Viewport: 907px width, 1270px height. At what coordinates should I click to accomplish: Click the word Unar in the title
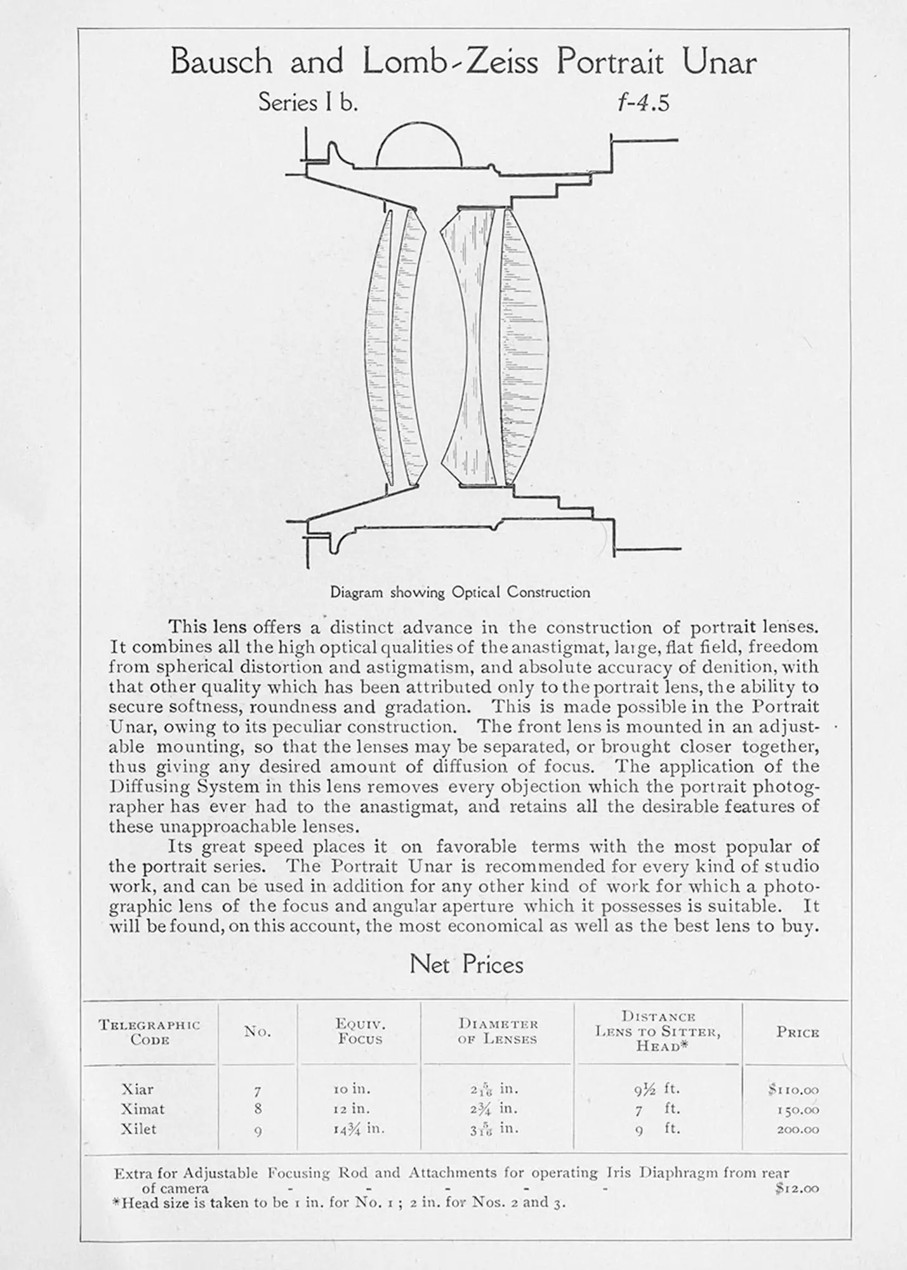point(719,63)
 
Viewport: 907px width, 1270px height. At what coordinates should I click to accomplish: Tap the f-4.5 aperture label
point(644,103)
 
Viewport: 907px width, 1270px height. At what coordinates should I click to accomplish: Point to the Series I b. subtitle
point(308,102)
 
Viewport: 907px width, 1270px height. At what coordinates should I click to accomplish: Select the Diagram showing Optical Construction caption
point(460,592)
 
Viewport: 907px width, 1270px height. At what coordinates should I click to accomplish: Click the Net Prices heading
point(467,965)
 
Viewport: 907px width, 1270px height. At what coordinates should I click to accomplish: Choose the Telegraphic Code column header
point(149,1032)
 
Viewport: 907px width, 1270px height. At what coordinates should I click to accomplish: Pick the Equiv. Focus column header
point(359,1031)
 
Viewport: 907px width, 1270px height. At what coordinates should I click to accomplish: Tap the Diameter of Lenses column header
point(498,1031)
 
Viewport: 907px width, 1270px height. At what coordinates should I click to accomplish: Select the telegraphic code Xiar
point(137,1090)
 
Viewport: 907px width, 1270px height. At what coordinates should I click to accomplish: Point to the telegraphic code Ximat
point(143,1109)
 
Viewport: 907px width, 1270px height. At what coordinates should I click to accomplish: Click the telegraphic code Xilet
point(138,1129)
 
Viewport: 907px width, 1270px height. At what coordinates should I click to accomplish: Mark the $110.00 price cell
point(793,1090)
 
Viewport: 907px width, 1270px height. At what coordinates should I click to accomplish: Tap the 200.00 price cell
point(798,1130)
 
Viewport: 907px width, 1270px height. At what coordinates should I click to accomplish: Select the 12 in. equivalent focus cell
point(352,1109)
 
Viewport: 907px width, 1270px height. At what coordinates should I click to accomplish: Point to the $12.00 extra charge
point(797,1189)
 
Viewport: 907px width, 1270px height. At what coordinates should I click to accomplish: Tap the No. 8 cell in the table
point(258,1110)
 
